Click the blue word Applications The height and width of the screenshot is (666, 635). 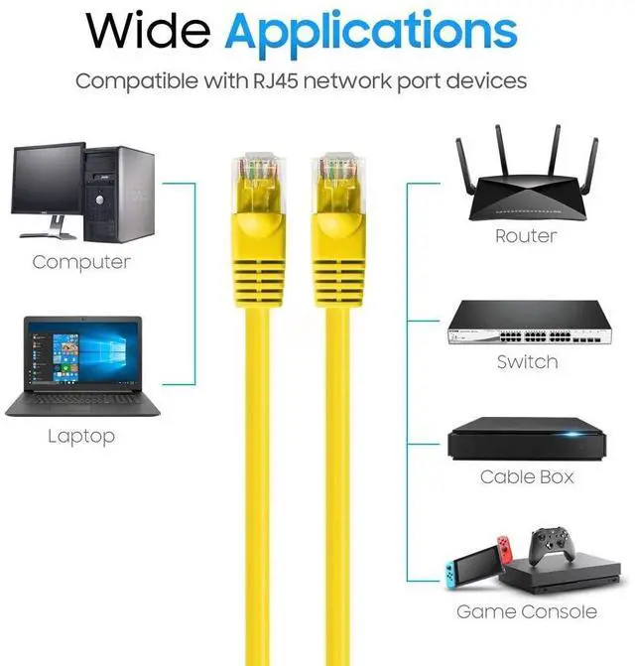pyautogui.click(x=370, y=33)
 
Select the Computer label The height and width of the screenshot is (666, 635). pyautogui.click(x=81, y=262)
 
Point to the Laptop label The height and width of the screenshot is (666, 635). pyautogui.click(x=81, y=436)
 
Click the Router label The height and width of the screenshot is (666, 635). pyautogui.click(x=526, y=237)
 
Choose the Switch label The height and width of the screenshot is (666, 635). pyautogui.click(x=527, y=362)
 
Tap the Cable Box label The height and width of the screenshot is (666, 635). pyautogui.click(x=527, y=477)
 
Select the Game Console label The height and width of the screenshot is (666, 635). pyautogui.click(x=527, y=612)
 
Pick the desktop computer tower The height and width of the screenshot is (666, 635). pyautogui.click(x=121, y=193)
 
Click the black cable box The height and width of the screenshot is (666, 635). pyautogui.click(x=527, y=440)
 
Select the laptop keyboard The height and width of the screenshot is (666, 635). pyautogui.click(x=79, y=400)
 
